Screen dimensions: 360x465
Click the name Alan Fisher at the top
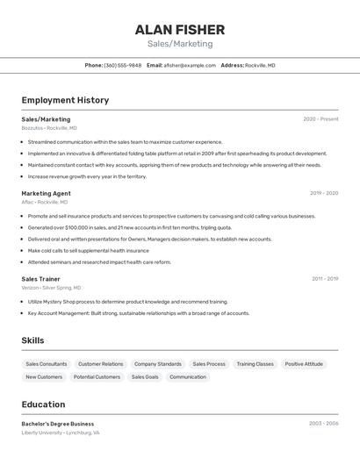pos(179,30)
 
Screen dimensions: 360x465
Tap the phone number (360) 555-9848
pos(122,65)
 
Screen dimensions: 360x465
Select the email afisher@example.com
pos(190,65)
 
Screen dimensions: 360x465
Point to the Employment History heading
pos(65,100)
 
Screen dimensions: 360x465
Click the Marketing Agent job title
pos(46,193)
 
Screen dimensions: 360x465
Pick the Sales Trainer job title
pos(40,279)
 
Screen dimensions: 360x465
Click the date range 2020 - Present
pos(320,119)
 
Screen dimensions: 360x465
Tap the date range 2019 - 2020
pos(324,193)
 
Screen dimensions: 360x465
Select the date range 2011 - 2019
pos(325,279)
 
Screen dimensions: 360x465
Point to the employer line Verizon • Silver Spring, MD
pos(51,288)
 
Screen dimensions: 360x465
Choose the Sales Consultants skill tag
pos(47,363)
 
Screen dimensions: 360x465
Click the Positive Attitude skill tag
pos(304,363)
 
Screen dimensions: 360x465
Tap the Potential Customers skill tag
pos(97,376)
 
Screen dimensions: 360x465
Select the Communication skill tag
pos(188,376)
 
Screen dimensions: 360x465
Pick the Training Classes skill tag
pos(255,363)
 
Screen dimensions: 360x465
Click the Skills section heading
pos(32,340)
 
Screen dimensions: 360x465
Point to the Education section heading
pos(43,404)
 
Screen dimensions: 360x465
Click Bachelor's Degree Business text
pos(58,424)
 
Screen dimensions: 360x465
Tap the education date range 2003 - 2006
pos(323,423)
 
